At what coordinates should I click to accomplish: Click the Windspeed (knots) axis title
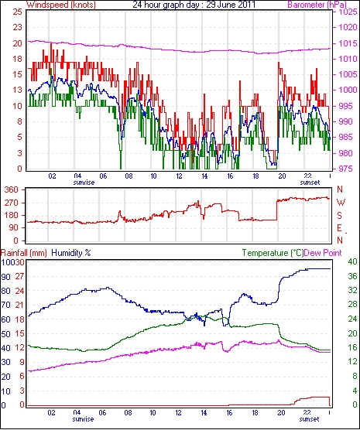click(61, 5)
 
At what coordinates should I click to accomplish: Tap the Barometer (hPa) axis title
click(317, 5)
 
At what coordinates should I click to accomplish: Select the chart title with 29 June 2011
click(194, 5)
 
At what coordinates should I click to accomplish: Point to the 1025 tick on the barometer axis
click(348, 12)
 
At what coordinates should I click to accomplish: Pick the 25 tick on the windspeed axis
click(17, 12)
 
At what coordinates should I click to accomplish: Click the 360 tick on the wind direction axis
click(12, 189)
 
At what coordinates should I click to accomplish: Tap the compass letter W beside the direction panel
click(341, 203)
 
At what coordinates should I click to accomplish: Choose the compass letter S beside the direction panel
click(340, 216)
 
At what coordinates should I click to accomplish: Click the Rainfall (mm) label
click(24, 253)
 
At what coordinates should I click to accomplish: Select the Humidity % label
click(71, 253)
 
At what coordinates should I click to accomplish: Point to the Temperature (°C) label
click(273, 253)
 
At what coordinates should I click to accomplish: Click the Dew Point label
click(323, 253)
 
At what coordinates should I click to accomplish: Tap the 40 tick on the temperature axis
click(352, 261)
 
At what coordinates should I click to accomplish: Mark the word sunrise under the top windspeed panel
click(84, 183)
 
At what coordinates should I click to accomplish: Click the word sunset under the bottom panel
click(309, 419)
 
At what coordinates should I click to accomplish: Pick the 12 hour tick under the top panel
click(179, 176)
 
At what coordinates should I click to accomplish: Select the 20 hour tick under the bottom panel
click(281, 412)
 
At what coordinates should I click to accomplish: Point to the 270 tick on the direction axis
click(12, 203)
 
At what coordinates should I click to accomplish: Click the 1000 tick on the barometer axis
click(347, 90)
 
